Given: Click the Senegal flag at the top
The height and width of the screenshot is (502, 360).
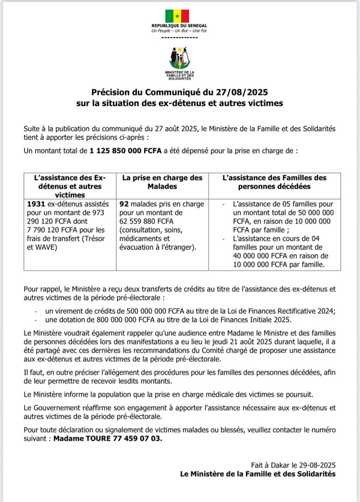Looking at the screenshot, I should pos(178,16).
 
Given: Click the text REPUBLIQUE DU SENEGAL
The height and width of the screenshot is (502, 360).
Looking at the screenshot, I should pos(179,26).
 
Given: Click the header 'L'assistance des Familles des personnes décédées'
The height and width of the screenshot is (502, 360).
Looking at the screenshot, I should pos(274,182).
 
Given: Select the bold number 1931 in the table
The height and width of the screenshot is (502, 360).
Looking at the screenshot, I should pos(37,204).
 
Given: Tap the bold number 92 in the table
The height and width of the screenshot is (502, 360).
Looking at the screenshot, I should pos(125,204).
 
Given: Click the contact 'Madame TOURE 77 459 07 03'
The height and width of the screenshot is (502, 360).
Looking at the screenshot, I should pos(107,438).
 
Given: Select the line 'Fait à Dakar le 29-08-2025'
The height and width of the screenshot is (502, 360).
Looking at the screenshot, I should pos(294,465).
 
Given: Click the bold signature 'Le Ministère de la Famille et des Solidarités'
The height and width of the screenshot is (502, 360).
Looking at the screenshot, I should pos(258,474).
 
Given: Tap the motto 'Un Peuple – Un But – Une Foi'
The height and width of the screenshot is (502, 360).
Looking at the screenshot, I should pos(179,31).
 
